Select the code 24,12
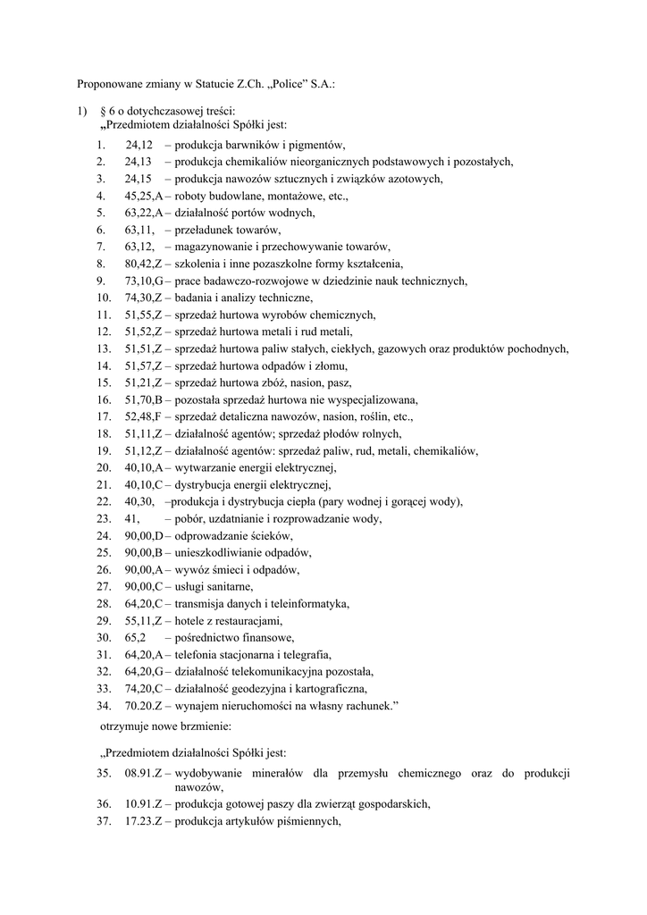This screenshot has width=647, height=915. (x=139, y=145)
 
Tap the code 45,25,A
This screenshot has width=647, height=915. (x=144, y=196)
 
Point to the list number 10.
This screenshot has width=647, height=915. (x=104, y=298)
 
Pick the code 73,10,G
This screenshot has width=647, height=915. (x=144, y=281)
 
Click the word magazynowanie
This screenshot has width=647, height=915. (x=214, y=247)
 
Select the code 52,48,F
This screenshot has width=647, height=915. (x=143, y=416)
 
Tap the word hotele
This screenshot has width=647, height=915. (x=190, y=620)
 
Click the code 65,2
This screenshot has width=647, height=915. (x=136, y=637)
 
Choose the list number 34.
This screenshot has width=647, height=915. (x=104, y=705)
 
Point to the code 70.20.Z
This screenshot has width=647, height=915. (x=143, y=705)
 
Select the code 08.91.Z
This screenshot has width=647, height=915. (x=143, y=773)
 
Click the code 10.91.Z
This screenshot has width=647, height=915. (x=143, y=803)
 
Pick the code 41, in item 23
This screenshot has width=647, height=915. (x=133, y=518)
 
